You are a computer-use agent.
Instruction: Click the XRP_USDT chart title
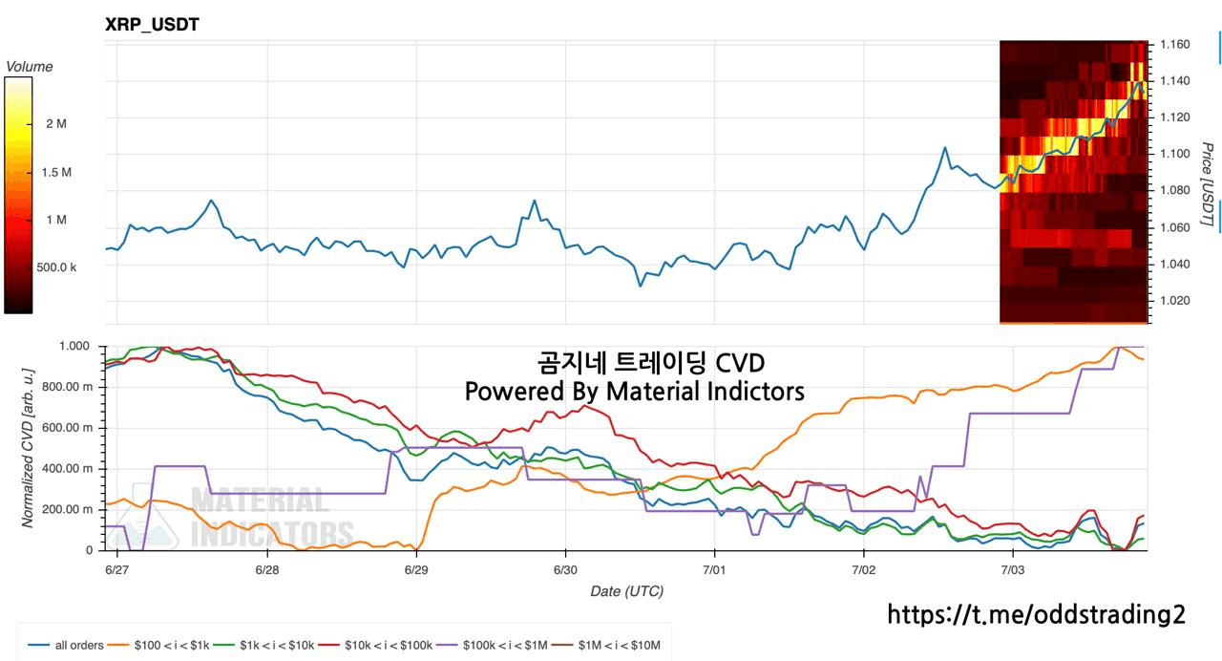click(152, 25)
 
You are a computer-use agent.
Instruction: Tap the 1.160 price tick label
click(1175, 44)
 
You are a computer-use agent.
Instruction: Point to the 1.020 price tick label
click(1175, 300)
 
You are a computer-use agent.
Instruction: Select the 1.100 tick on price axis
click(1175, 154)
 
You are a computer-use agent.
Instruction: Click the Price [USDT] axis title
click(1207, 184)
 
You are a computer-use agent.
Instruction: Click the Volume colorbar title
click(30, 67)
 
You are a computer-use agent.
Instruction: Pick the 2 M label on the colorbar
click(56, 124)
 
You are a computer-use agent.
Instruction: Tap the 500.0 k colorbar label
click(56, 267)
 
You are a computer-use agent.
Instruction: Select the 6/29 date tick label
click(416, 570)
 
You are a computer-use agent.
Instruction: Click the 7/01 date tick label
click(714, 570)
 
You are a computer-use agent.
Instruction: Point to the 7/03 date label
click(1013, 570)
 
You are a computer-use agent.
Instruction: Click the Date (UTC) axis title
click(627, 591)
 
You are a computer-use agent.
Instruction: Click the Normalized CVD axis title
click(28, 448)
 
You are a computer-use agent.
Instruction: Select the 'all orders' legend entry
click(66, 645)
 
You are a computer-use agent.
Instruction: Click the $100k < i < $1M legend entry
click(492, 645)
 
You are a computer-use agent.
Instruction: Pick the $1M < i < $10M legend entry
click(606, 645)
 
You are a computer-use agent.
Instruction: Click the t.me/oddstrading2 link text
click(1037, 614)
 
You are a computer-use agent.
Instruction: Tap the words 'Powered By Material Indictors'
click(635, 392)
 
